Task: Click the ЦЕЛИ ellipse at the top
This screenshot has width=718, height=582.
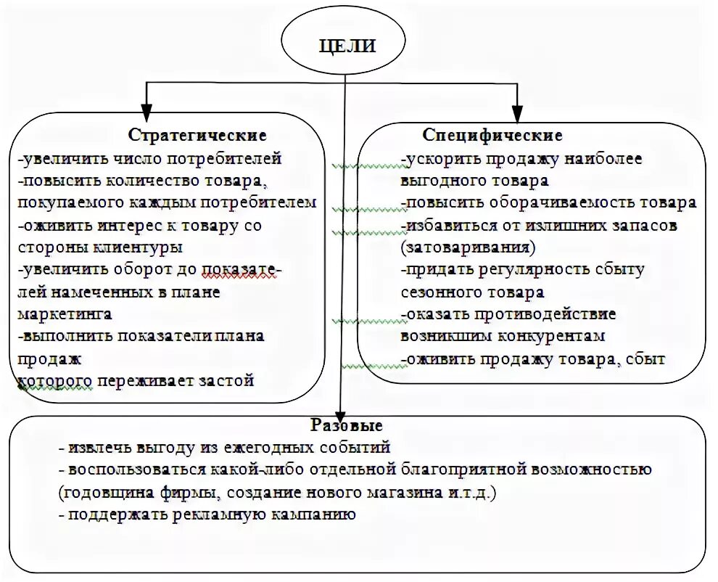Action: (x=347, y=46)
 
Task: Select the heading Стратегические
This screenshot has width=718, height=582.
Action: (x=197, y=136)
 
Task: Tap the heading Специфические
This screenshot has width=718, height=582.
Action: (x=492, y=136)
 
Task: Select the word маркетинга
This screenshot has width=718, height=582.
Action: (x=65, y=315)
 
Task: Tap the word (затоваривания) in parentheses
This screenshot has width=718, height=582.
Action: (x=468, y=247)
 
